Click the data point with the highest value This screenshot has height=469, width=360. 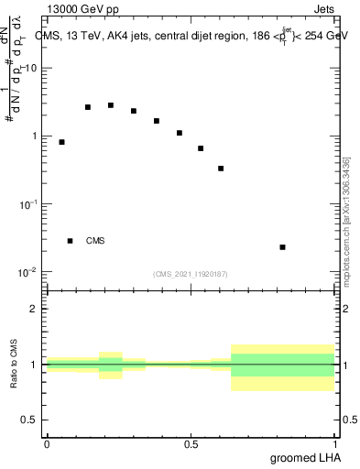click(111, 105)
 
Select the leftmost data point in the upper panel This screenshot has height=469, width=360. click(61, 142)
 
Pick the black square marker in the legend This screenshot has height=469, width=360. click(70, 241)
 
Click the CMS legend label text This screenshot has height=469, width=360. click(95, 241)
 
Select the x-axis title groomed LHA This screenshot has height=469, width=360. click(302, 457)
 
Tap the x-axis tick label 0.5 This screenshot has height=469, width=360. click(191, 444)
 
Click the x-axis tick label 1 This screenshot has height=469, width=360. click(335, 444)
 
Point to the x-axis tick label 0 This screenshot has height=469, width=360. click(47, 444)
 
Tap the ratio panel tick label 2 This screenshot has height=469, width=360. click(35, 309)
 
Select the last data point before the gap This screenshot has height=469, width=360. click(221, 169)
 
